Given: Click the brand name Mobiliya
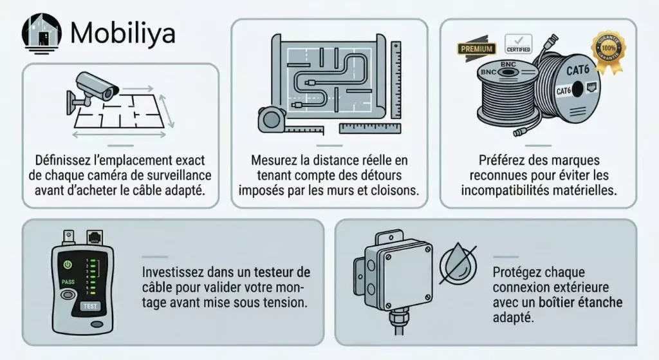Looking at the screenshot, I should (122, 33).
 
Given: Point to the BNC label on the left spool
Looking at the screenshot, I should (508, 65).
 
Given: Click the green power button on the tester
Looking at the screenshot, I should (66, 264).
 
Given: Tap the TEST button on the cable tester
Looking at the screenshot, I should (89, 307).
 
